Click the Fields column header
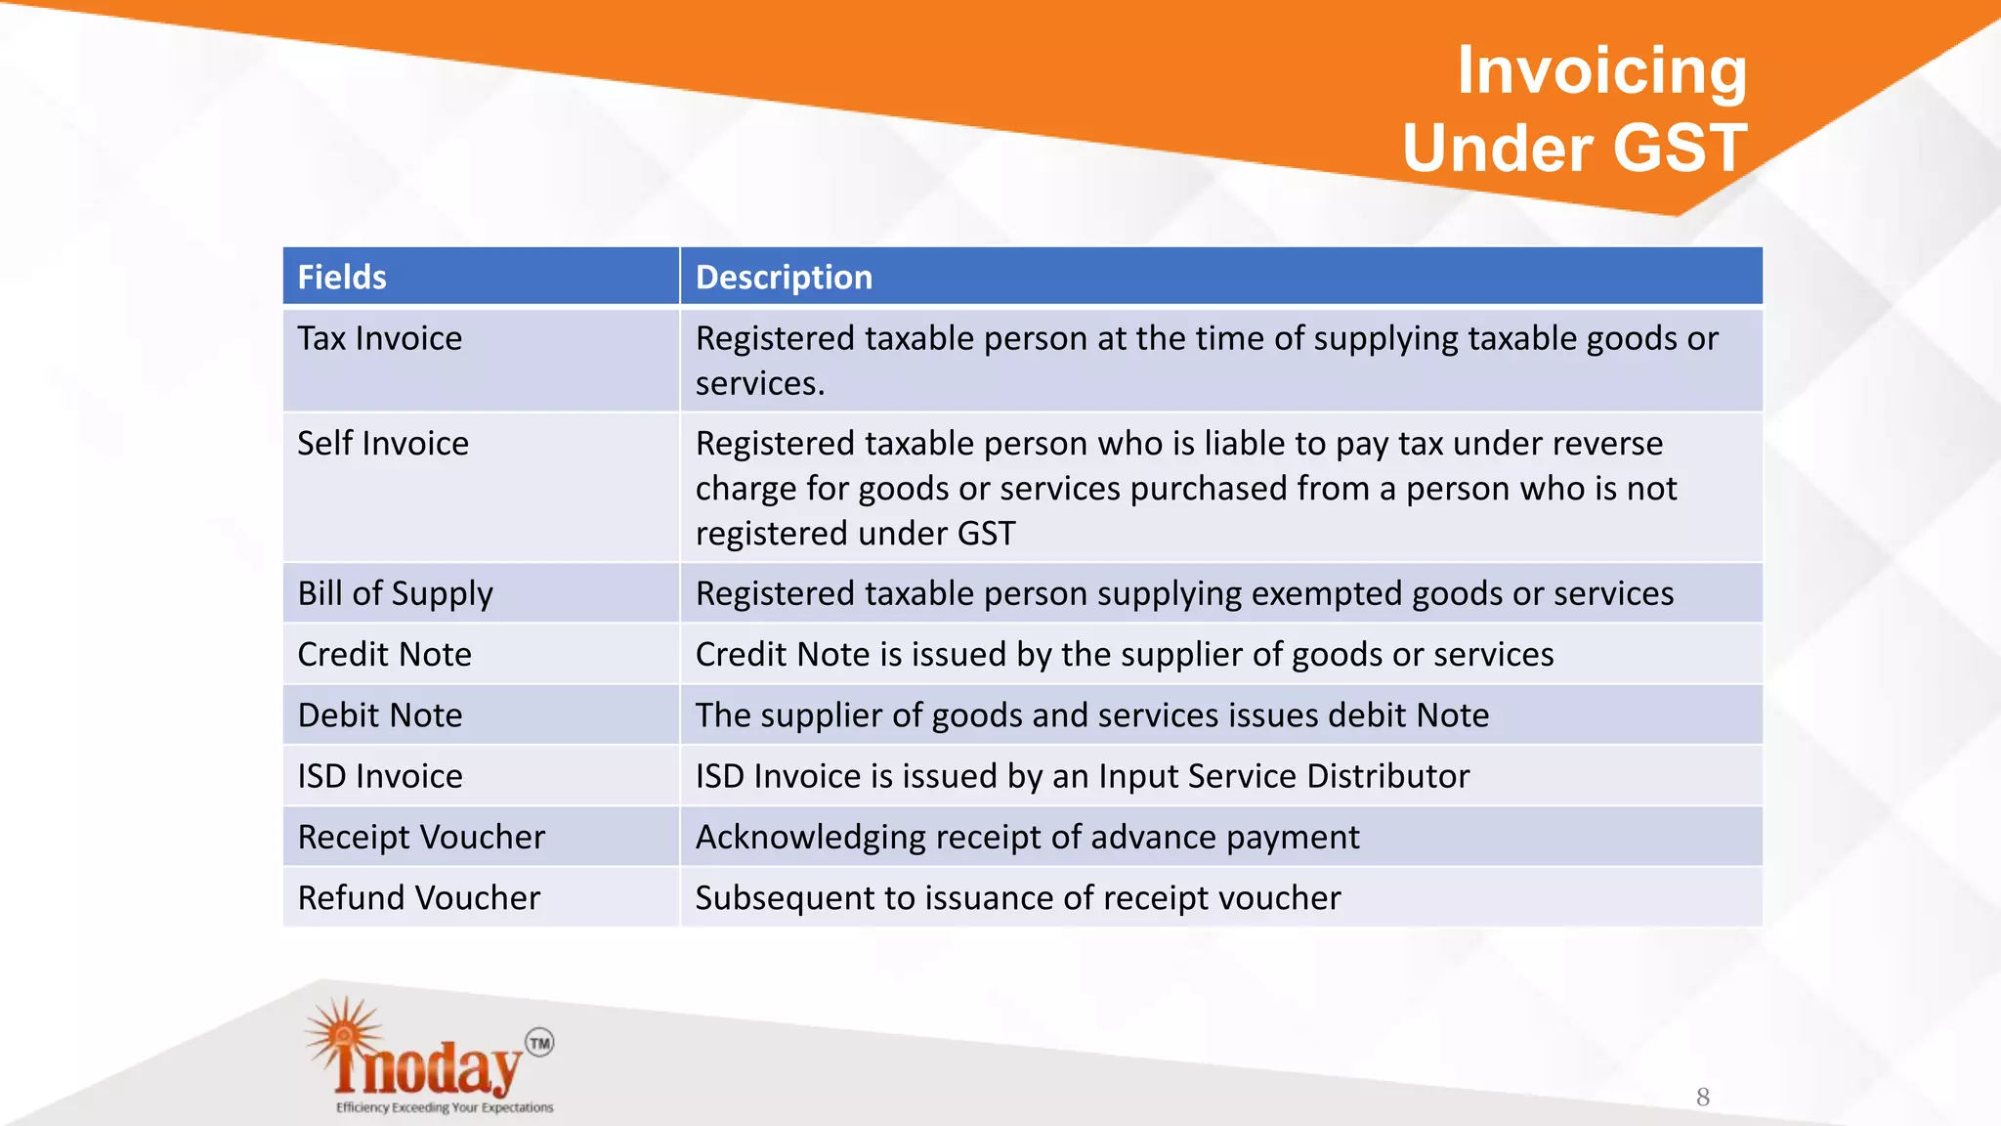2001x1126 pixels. [x=342, y=278]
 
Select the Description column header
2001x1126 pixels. [x=784, y=278]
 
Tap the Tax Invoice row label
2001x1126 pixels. [x=379, y=338]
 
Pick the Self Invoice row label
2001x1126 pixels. [x=383, y=444]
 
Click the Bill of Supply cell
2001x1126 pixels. [x=395, y=594]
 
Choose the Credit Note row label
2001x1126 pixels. [x=384, y=655]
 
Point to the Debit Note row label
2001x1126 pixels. [x=380, y=715]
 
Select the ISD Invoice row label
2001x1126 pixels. [x=380, y=776]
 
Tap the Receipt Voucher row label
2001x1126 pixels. [x=421, y=838]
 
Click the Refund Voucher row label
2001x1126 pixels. [x=418, y=898]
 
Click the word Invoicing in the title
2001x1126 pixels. [x=1601, y=70]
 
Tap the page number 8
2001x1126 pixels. [x=1703, y=1097]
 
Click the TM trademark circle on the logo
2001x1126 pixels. [x=539, y=1043]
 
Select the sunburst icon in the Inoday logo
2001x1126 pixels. [x=343, y=1036]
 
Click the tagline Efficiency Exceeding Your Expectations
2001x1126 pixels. [x=445, y=1107]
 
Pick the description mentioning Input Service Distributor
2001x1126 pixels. [x=1082, y=776]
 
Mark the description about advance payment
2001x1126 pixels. [x=1027, y=838]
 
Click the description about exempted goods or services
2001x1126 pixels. [x=1184, y=594]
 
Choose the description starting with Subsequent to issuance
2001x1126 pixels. [x=1017, y=898]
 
